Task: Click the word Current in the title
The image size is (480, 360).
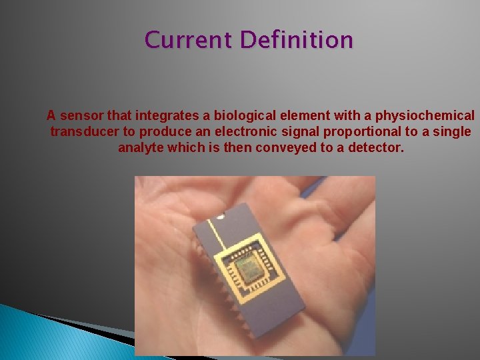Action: coord(189,40)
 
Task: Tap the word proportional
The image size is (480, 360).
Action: coord(358,131)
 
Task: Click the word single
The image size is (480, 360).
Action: coord(453,131)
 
